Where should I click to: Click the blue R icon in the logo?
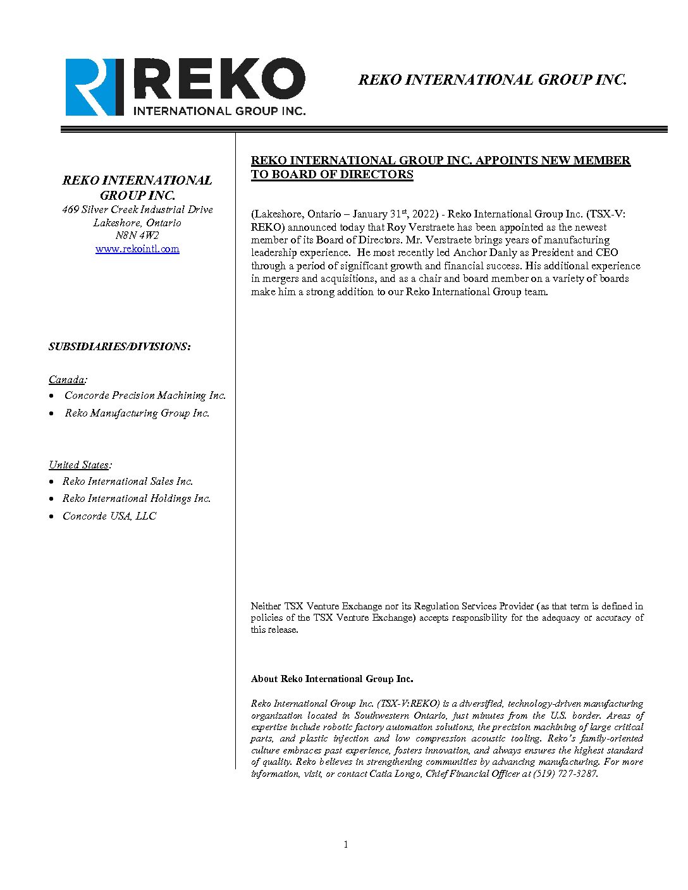[94, 87]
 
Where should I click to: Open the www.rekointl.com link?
[137, 248]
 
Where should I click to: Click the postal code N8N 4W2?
[137, 235]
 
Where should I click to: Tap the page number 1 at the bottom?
[345, 844]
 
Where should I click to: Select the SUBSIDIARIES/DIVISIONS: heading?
[120, 346]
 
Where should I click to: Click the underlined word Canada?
[66, 379]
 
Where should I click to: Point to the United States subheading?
[79, 465]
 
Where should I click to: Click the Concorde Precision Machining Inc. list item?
[145, 395]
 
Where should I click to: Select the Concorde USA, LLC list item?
[109, 516]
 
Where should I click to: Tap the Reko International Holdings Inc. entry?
[137, 498]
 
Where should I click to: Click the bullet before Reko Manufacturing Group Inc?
[52, 413]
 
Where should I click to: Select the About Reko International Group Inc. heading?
[332, 679]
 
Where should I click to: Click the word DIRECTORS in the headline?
[374, 174]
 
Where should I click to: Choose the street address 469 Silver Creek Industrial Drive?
[137, 209]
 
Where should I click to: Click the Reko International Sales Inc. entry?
[128, 481]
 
